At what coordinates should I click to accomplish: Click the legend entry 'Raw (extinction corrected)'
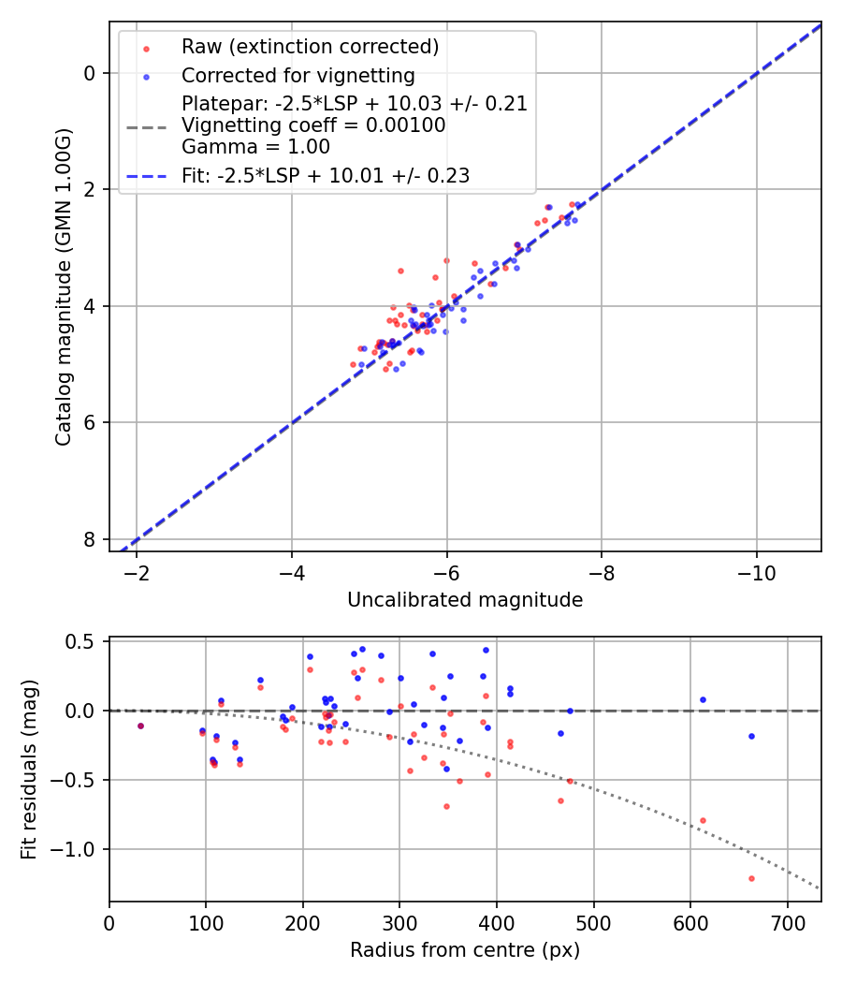310,47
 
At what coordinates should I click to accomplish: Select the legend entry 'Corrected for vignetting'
298,75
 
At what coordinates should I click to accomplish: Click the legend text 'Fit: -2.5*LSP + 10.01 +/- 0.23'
326,175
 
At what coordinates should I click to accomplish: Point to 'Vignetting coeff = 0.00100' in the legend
313,125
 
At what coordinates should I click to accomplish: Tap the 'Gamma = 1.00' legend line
255,146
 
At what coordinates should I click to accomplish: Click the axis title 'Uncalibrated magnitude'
465,600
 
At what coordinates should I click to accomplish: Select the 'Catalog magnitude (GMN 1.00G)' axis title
63,286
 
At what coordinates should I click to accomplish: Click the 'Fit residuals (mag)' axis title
29,770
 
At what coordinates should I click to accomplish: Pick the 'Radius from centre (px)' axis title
465,950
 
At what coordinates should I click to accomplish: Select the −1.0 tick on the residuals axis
81,849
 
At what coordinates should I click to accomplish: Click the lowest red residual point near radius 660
751,878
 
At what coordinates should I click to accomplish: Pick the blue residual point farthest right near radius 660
751,736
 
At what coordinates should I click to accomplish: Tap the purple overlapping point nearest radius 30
140,726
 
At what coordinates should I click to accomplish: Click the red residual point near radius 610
703,820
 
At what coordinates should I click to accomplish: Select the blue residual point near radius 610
703,699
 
